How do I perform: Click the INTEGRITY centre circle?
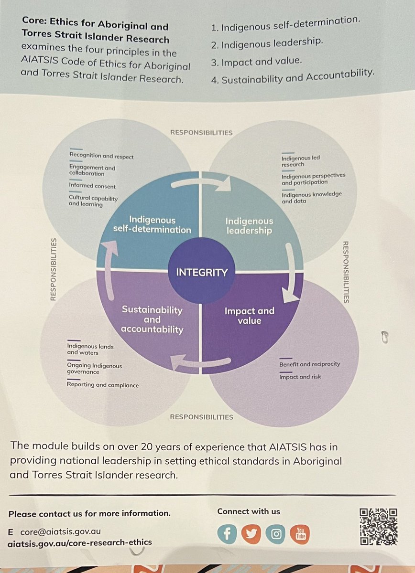coord(202,272)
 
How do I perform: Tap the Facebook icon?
coord(227,534)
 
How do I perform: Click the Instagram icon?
coord(276,534)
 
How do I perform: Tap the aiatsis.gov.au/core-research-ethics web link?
coord(80,542)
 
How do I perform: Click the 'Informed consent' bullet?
coord(92,186)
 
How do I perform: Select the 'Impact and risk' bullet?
coord(300,377)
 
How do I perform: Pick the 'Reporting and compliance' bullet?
coord(103,385)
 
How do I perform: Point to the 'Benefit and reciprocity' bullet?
coord(309,364)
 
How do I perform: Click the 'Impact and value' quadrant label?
coord(250,316)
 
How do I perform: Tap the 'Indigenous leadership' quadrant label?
coord(249,226)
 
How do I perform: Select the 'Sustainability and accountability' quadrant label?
coord(152,319)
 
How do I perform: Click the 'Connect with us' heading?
coord(249,511)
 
